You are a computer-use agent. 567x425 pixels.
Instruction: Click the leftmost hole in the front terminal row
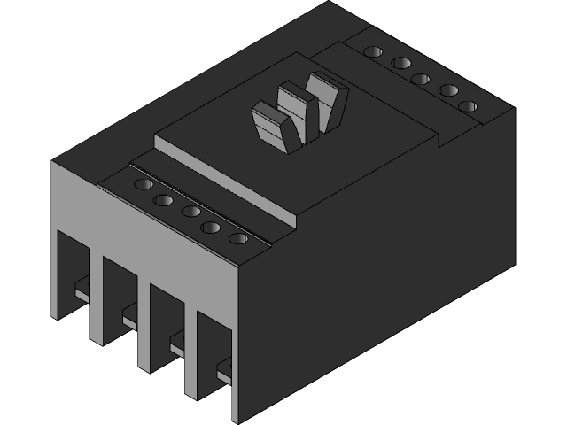141,185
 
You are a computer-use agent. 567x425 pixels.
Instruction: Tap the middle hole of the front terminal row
190,211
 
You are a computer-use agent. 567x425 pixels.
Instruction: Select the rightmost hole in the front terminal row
237,239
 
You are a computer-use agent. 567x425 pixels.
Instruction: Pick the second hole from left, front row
163,200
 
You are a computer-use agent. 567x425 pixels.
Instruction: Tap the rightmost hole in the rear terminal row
468,106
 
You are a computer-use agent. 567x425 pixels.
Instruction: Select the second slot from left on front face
117,297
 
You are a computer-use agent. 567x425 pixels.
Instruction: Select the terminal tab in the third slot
178,336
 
